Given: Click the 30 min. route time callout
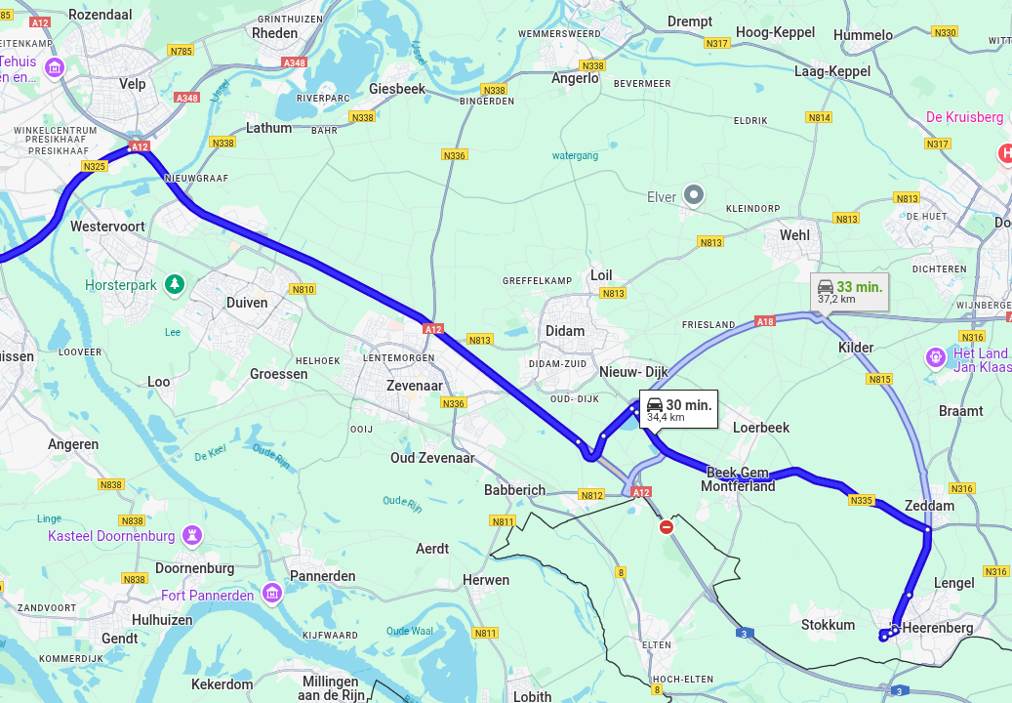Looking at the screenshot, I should point(678,409).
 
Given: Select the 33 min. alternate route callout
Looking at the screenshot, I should point(849,292).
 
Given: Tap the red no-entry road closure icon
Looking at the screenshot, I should point(667,527).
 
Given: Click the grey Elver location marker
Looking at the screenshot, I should point(694,195).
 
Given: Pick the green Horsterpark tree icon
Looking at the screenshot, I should point(175,284).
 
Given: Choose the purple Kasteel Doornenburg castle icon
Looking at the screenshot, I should point(192,535).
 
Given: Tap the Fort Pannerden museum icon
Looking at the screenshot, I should point(272,594).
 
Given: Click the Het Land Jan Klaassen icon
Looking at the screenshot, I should point(936,358).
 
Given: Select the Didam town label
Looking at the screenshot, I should point(565,331).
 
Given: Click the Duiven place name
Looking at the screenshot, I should point(247,303).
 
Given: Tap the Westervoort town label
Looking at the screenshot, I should point(107,227).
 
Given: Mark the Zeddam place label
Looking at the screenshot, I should point(929,507).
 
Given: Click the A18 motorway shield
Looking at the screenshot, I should point(765,321).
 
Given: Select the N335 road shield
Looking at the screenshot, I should point(861,501).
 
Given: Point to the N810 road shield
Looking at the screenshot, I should point(303,289).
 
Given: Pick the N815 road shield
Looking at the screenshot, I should point(880,379).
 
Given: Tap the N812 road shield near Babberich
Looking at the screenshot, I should point(591,495).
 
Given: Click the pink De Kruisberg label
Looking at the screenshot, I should point(964,117).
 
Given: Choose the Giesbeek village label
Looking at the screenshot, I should point(397,89).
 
